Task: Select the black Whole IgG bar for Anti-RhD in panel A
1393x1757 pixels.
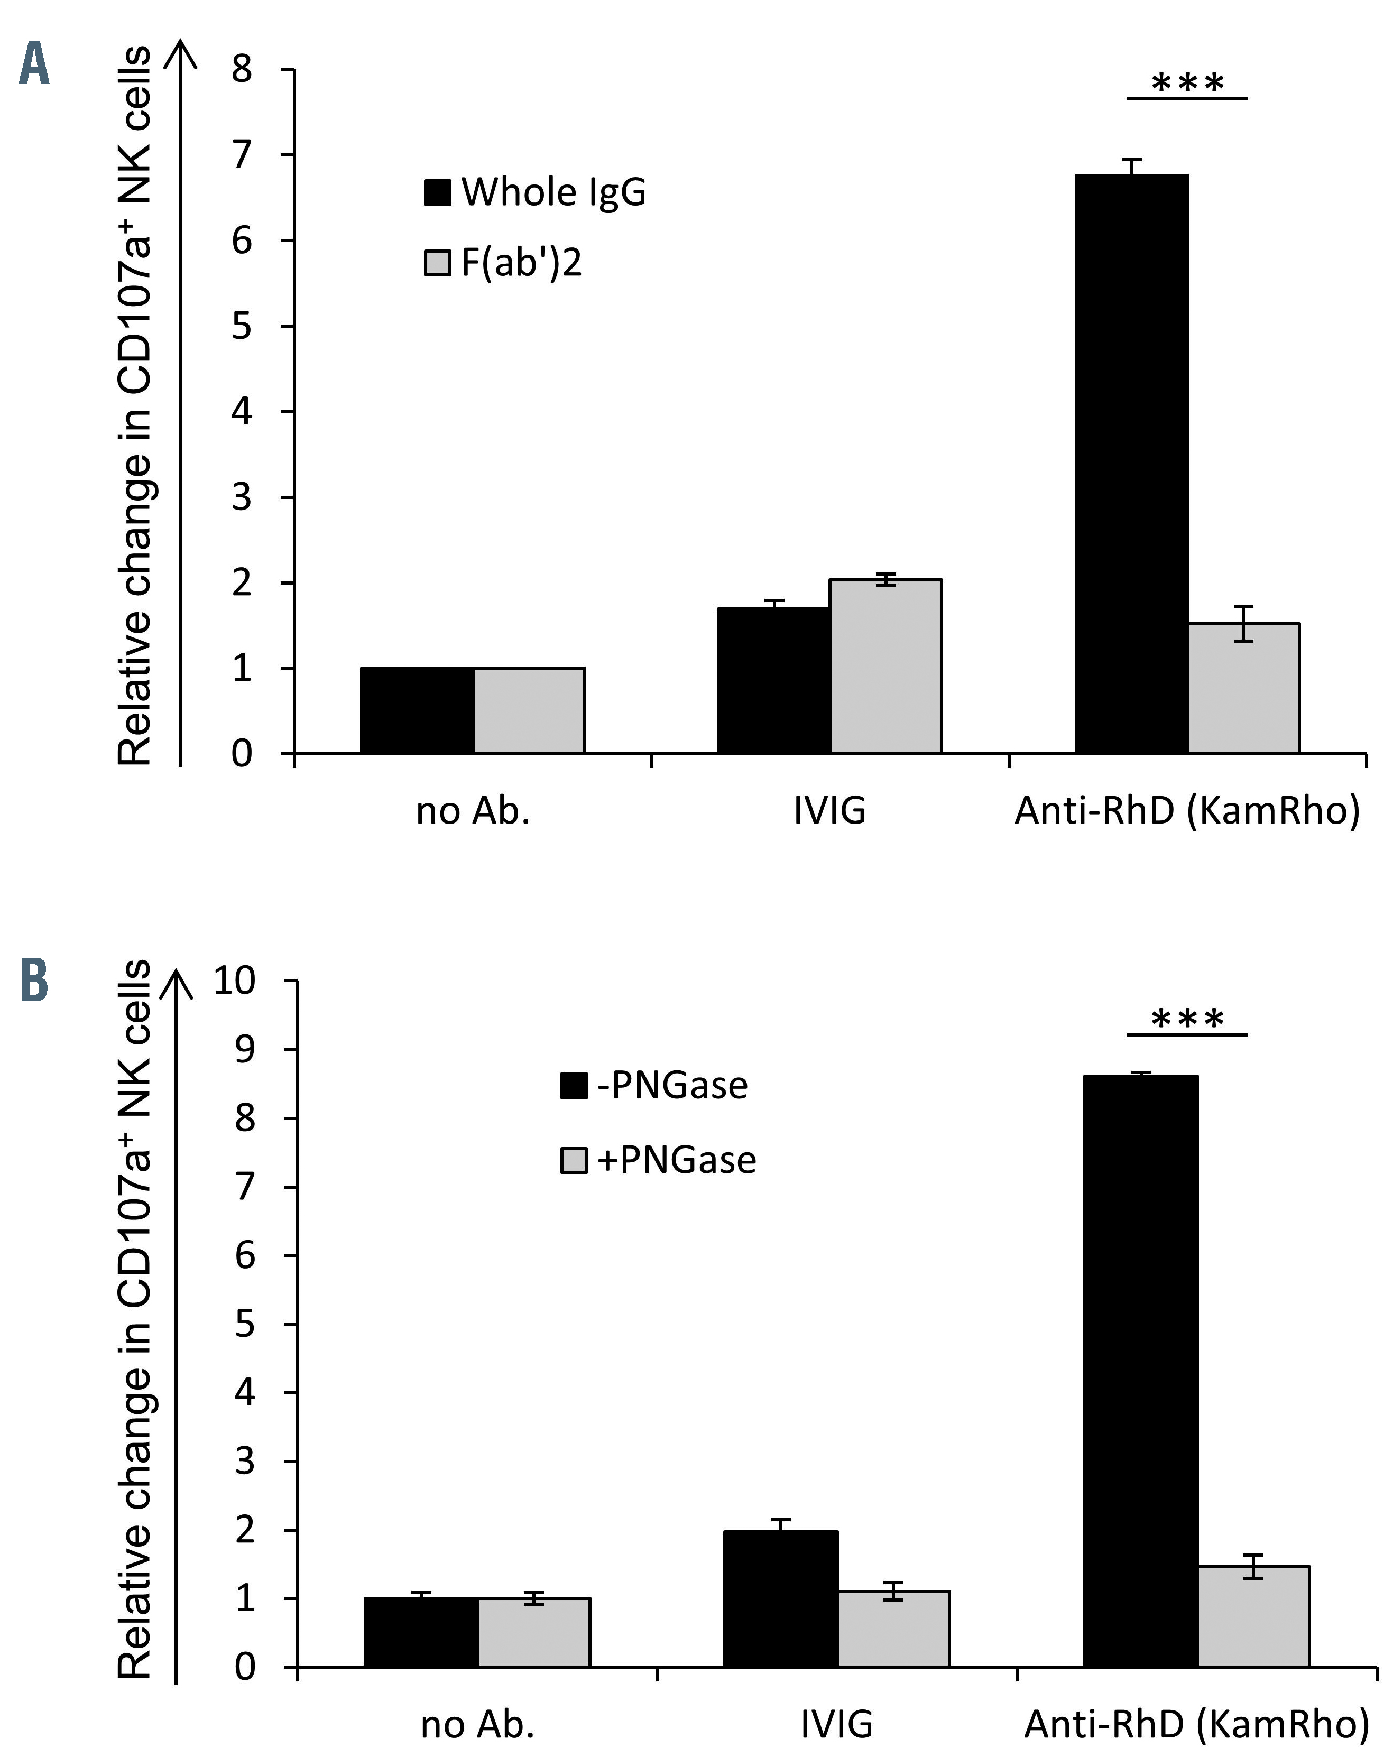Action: pos(1131,465)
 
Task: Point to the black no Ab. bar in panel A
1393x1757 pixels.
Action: pos(417,710)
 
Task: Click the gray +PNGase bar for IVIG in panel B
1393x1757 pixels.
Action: pos(893,1630)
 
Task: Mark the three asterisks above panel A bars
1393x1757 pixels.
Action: pos(1187,82)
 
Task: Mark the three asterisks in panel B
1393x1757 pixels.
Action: pos(1187,1019)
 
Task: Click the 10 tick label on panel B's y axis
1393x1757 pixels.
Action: pos(234,981)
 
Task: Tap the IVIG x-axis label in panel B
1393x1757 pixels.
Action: pos(836,1724)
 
